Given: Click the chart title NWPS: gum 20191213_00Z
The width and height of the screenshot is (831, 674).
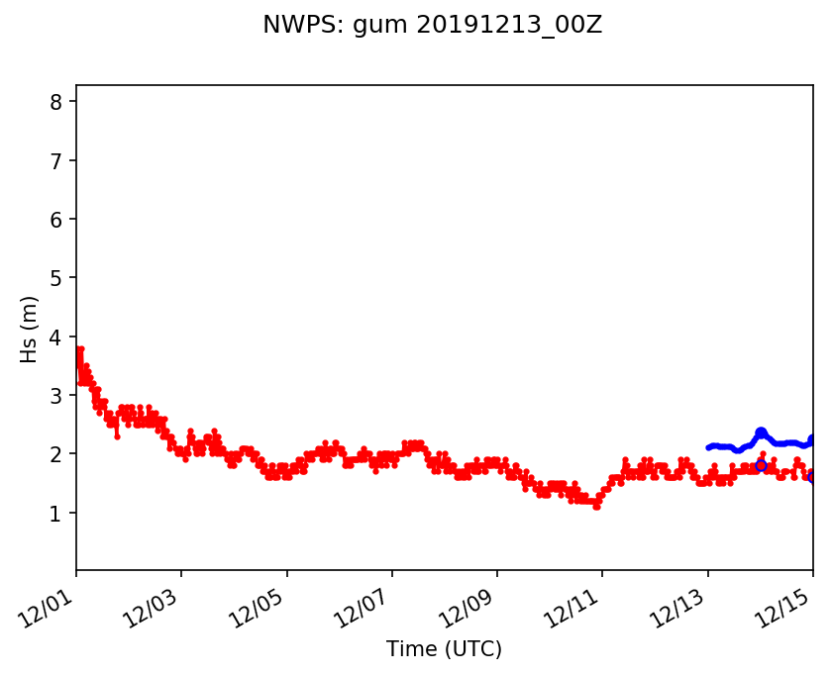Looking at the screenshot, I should pos(432,26).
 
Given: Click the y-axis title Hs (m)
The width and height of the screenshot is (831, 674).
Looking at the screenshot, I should pos(30,329).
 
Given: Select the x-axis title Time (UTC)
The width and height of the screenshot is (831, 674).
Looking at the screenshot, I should pos(444,649).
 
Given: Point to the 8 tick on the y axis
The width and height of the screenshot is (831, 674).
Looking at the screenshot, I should pos(56,102).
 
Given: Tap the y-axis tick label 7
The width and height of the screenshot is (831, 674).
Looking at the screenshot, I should pos(56,160).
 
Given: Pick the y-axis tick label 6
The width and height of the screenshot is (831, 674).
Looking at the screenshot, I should pos(56,219).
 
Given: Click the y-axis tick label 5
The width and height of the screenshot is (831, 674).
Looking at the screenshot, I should pos(56,278).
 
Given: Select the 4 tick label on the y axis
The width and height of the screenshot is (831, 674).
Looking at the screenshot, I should pos(56,337).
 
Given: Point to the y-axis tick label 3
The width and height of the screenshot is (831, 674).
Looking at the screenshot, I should pos(56,395).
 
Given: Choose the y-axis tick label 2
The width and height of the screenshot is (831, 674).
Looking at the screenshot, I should pos(56,454).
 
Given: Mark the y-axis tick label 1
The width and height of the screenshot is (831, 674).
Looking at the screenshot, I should pos(56,513).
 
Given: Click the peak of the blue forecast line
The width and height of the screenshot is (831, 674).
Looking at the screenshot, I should pos(761,431).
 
